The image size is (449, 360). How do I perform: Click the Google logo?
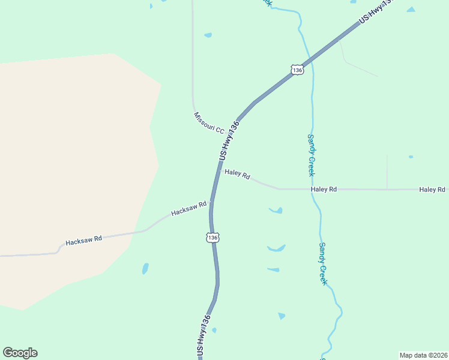(x=20, y=353)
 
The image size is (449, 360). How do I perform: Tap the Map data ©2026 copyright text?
(x=423, y=355)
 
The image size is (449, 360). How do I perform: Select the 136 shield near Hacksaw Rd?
(x=213, y=238)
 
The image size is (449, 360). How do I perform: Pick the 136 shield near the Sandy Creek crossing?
(x=297, y=70)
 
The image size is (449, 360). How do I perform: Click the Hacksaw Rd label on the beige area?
(x=83, y=241)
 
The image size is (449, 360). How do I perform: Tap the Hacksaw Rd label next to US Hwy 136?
(x=188, y=209)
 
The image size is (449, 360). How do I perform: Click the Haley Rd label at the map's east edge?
(x=432, y=190)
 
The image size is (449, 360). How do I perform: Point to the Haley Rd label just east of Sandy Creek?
(x=324, y=190)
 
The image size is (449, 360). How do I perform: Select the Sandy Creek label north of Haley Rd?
(x=311, y=154)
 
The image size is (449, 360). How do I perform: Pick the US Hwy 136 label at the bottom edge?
(x=203, y=337)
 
